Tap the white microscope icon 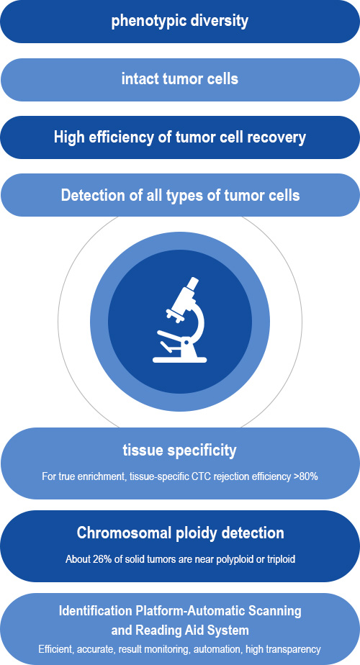tap(180, 320)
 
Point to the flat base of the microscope tap(180, 360)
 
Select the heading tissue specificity tap(179, 451)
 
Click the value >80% tap(306, 476)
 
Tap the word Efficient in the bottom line tap(53, 649)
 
